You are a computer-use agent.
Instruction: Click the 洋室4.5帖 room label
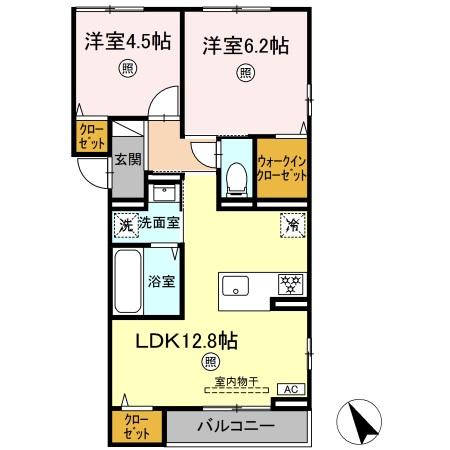coord(126,43)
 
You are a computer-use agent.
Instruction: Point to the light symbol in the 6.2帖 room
coord(244,72)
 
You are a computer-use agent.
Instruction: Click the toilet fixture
coord(236,176)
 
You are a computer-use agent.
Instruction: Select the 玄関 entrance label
coord(126,159)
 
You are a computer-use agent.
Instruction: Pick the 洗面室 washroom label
coord(159,222)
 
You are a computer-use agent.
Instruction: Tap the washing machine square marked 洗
coord(126,224)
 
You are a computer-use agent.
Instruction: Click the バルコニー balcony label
coord(235,427)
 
